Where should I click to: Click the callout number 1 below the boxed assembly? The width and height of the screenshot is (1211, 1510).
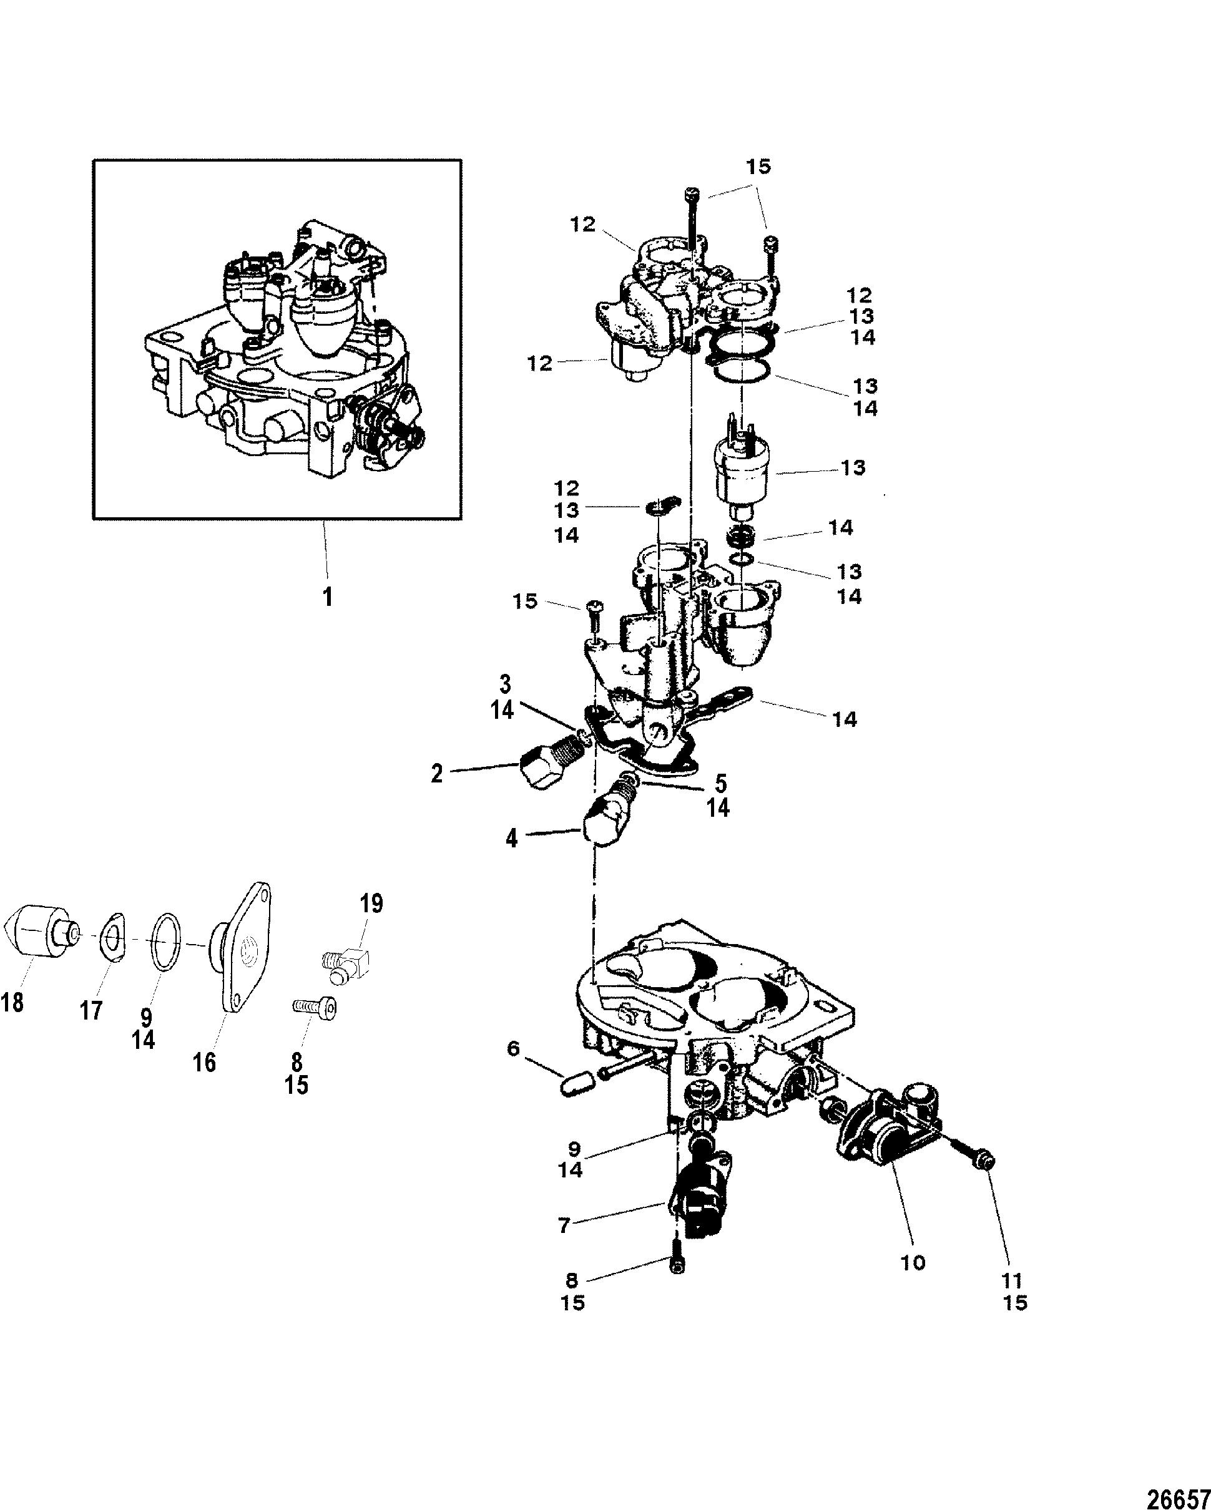click(x=327, y=597)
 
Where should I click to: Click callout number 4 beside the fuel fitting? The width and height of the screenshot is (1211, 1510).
click(x=512, y=837)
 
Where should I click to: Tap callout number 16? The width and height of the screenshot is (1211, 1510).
click(x=205, y=1063)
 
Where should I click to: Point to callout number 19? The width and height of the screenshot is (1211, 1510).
click(x=371, y=904)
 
